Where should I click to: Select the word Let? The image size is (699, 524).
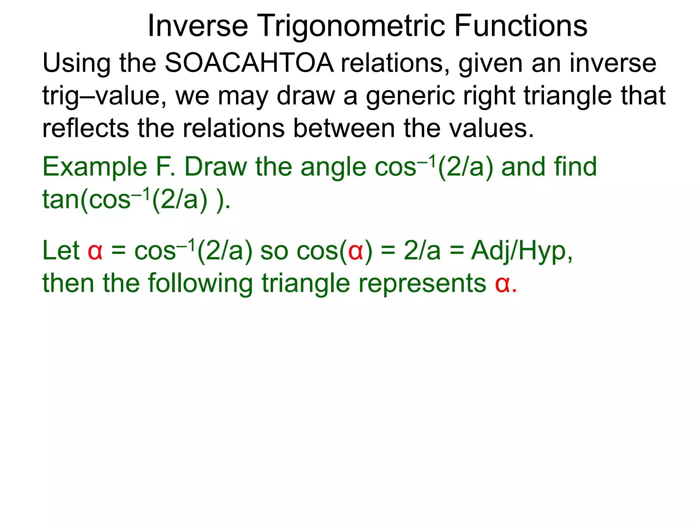pos(61,251)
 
